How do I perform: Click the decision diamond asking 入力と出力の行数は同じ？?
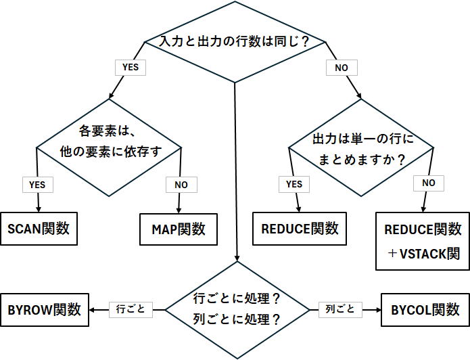(x=235, y=42)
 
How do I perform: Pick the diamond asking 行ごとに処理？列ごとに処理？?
(x=237, y=309)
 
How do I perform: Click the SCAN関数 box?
(x=39, y=229)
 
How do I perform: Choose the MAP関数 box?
(x=179, y=229)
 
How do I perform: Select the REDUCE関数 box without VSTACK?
(x=300, y=229)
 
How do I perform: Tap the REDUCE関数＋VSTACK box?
(x=422, y=241)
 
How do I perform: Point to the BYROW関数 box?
(x=45, y=310)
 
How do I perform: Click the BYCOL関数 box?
(x=425, y=310)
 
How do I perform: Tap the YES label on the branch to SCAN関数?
(x=37, y=184)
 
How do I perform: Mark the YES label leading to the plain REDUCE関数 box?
(x=293, y=184)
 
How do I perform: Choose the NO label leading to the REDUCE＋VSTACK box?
(x=428, y=183)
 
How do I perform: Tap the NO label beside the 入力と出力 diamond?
(x=341, y=68)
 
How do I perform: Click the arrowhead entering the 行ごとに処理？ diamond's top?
(x=237, y=258)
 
